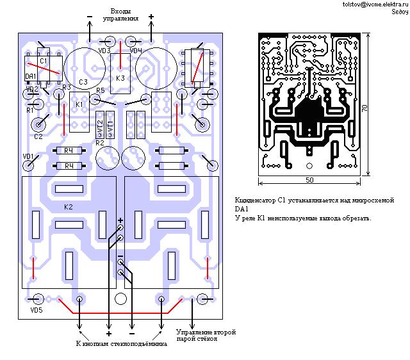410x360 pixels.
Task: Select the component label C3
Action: click(x=83, y=81)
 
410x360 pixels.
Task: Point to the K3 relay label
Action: click(x=120, y=78)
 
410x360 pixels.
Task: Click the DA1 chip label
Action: click(x=30, y=76)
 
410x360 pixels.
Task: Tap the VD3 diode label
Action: click(x=104, y=50)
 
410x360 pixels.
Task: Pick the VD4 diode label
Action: click(x=135, y=50)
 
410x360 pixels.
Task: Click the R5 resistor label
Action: click(x=101, y=90)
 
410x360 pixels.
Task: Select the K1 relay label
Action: click(x=79, y=104)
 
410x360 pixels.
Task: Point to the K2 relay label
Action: click(x=69, y=208)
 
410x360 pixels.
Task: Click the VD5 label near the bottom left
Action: click(x=36, y=311)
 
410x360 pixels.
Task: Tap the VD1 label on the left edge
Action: click(x=28, y=156)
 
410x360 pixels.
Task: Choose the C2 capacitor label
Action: click(x=38, y=136)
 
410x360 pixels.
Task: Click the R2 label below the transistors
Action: click(x=99, y=143)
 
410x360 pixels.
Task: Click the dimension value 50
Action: click(x=309, y=181)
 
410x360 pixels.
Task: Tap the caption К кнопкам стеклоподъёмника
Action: click(x=121, y=344)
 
